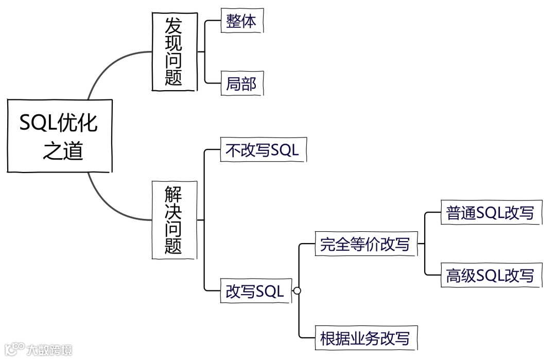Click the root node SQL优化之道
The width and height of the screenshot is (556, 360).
tap(59, 135)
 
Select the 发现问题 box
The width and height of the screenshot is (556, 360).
tap(174, 52)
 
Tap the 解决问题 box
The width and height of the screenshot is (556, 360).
tap(174, 220)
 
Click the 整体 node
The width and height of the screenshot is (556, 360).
tap(241, 21)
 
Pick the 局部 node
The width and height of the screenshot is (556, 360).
tap(241, 83)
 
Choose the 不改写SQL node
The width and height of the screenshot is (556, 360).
tap(263, 150)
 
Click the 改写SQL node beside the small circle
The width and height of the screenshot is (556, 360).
tap(255, 291)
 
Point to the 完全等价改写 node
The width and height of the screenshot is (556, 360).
tap(365, 244)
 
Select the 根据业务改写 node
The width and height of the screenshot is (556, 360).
tap(365, 338)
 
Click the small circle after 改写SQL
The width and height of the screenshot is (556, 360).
tap(297, 291)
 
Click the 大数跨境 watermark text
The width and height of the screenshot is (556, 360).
tap(50, 350)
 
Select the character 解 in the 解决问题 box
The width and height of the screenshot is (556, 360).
tap(174, 194)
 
